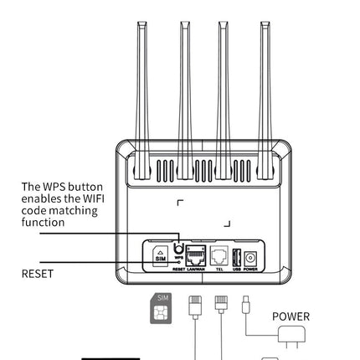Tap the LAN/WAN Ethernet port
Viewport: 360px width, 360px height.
(x=197, y=255)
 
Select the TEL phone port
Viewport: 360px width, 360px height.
(x=219, y=255)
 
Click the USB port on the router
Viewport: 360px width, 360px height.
(x=236, y=255)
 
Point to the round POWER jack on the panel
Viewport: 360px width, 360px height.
(x=249, y=257)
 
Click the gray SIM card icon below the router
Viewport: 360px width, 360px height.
(x=161, y=308)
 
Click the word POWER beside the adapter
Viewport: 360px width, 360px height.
(x=291, y=316)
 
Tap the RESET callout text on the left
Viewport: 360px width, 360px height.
(x=37, y=274)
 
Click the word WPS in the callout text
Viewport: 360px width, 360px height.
(x=54, y=187)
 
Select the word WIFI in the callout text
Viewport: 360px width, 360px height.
(x=90, y=199)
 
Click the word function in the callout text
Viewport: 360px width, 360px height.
(x=43, y=223)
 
